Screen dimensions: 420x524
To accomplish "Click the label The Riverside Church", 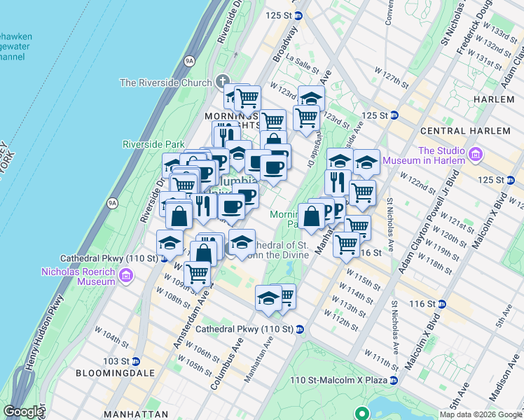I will click(x=165, y=83).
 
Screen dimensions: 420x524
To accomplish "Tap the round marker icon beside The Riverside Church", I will click(x=223, y=80).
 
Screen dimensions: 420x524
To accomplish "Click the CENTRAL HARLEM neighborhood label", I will click(x=464, y=131).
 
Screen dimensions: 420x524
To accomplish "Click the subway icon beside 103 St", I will click(x=135, y=361).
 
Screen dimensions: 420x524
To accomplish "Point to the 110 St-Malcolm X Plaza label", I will click(x=338, y=380).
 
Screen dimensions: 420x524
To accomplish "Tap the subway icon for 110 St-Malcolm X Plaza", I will click(x=394, y=380).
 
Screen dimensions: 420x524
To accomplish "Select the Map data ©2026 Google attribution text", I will click(x=481, y=414).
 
